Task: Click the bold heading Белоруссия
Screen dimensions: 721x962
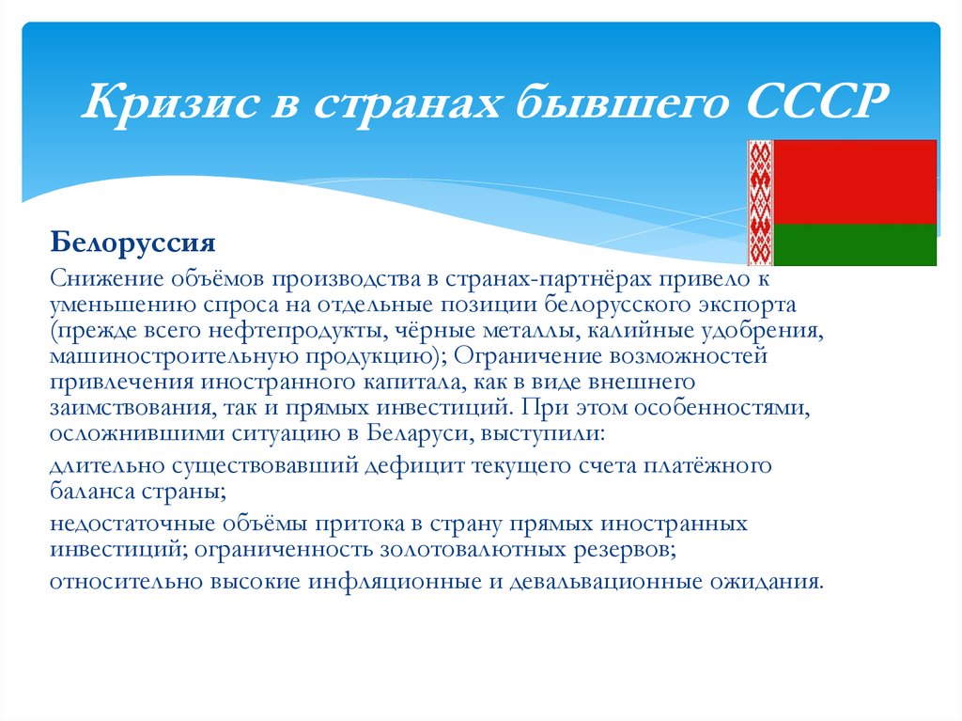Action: pos(133,243)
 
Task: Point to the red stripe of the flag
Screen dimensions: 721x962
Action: pos(855,181)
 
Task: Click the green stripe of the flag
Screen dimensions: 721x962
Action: pos(855,244)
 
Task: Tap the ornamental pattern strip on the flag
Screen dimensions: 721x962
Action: pos(759,202)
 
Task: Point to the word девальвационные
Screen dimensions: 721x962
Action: pos(605,580)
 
